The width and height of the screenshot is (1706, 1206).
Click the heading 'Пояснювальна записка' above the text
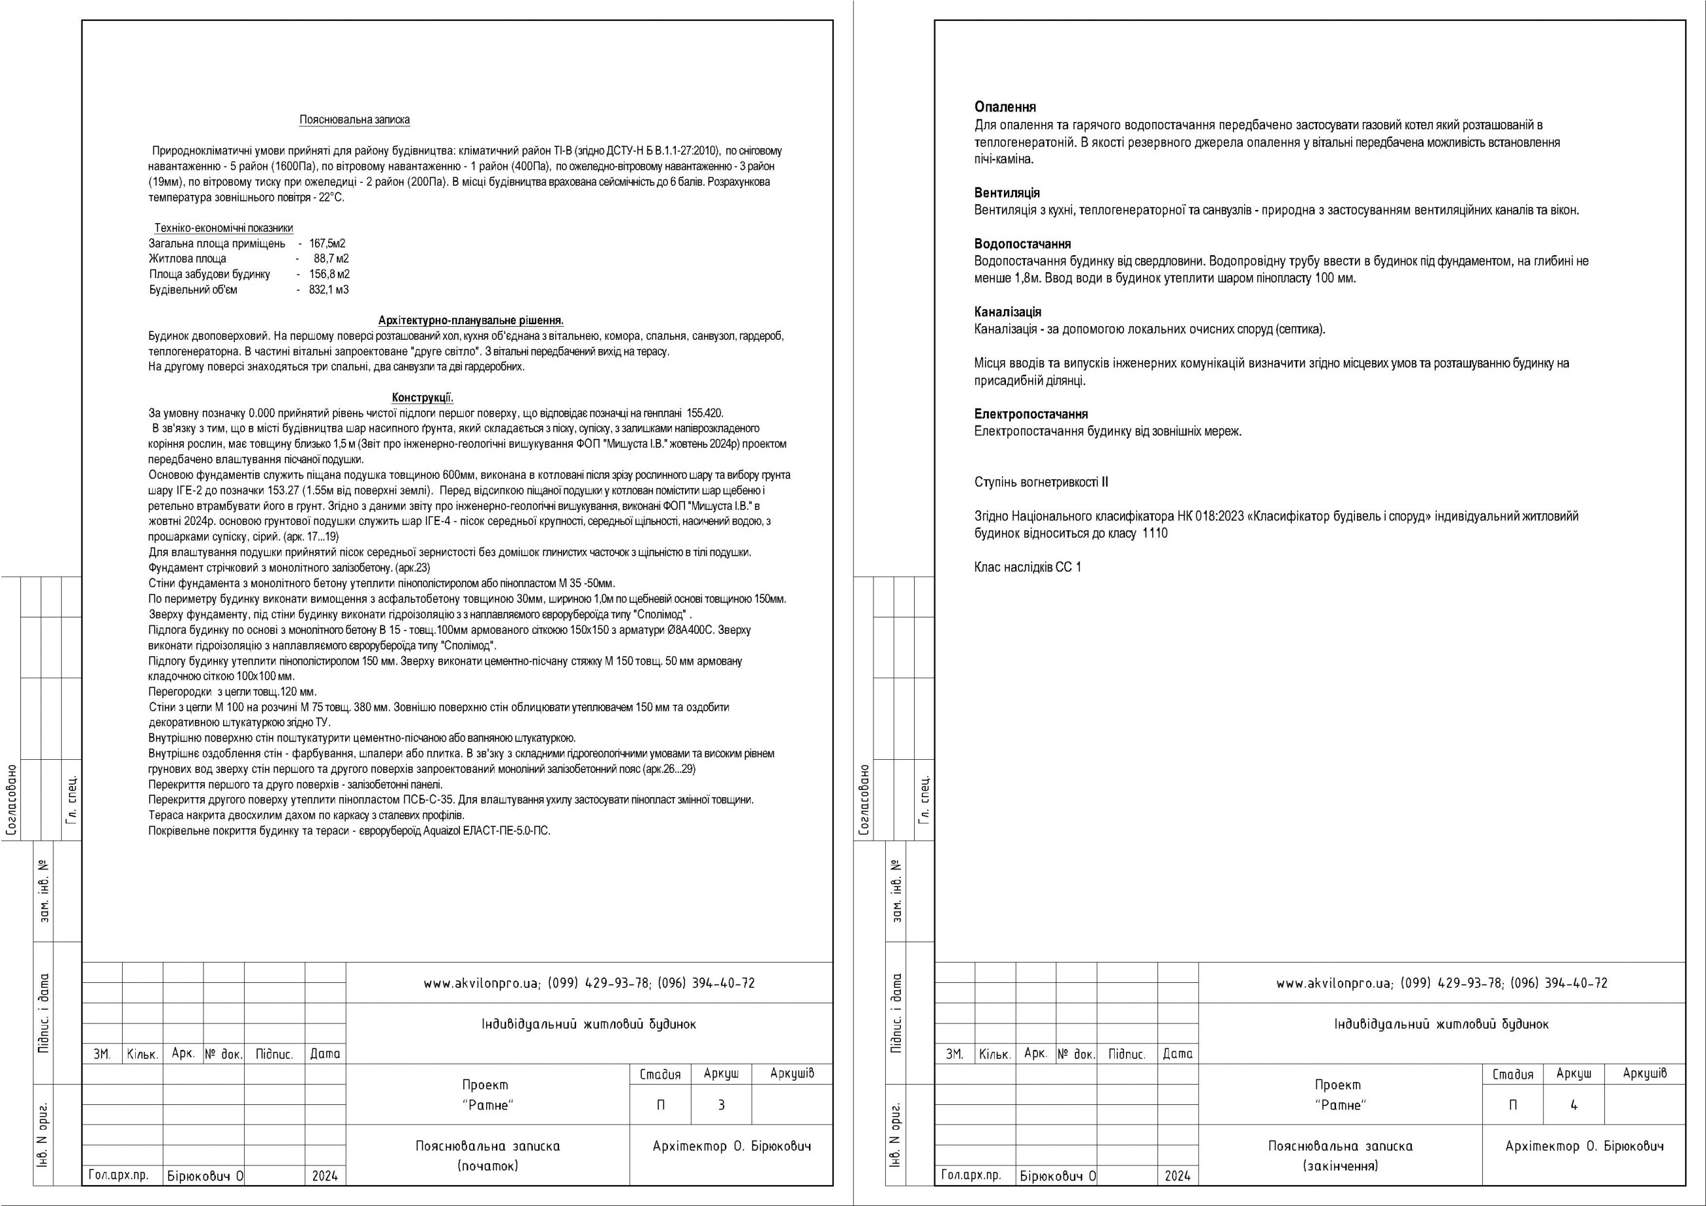pos(354,119)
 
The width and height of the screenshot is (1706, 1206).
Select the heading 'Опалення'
pos(1005,107)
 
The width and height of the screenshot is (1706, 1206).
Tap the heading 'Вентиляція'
pos(1007,193)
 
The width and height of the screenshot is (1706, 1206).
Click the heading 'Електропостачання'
pos(1031,414)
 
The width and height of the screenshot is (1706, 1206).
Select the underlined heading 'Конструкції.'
pos(422,398)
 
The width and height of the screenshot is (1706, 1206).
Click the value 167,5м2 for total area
pos(327,243)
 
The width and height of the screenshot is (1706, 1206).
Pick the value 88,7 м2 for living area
pos(331,259)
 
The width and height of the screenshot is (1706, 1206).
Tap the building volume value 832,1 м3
pos(329,290)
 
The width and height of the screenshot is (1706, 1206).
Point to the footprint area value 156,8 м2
pos(329,274)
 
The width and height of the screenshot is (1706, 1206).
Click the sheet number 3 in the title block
pos(720,1105)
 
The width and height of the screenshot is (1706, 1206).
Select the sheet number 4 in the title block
pos(1573,1105)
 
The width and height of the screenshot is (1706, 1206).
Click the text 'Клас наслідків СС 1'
pos(1028,567)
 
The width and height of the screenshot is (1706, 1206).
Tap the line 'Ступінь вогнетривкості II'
pos(1041,482)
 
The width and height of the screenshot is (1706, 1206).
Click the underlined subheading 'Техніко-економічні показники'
pos(224,228)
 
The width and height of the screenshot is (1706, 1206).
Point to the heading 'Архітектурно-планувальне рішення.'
pos(471,320)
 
